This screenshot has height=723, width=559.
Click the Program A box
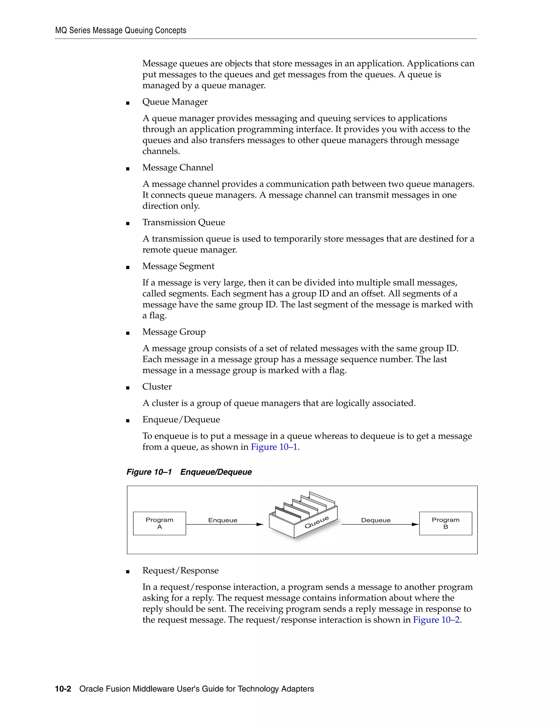pyautogui.click(x=159, y=523)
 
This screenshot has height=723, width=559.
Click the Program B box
pyautogui.click(x=445, y=523)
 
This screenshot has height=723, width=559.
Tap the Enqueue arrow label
pyautogui.click(x=222, y=520)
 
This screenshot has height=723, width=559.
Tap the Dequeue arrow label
pyautogui.click(x=376, y=520)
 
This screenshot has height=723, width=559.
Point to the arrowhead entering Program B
pyautogui.click(x=415, y=524)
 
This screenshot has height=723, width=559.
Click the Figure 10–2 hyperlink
pyautogui.click(x=436, y=620)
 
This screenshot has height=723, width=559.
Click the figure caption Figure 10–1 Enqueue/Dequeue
pyautogui.click(x=189, y=472)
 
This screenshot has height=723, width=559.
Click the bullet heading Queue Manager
pyautogui.click(x=175, y=102)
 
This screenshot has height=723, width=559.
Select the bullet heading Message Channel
pyautogui.click(x=178, y=168)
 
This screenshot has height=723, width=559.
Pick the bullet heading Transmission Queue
pyautogui.click(x=183, y=222)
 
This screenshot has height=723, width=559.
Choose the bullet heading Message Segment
pyautogui.click(x=178, y=266)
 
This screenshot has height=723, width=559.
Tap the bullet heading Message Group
pyautogui.click(x=174, y=332)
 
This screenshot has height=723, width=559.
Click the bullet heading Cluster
pyautogui.click(x=157, y=387)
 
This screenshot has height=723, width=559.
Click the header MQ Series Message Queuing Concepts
pyautogui.click(x=121, y=31)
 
